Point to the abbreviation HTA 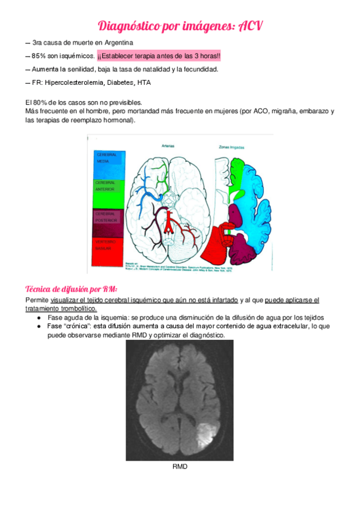click(x=144, y=82)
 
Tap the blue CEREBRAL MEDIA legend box click(x=108, y=163)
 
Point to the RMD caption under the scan click(x=180, y=466)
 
